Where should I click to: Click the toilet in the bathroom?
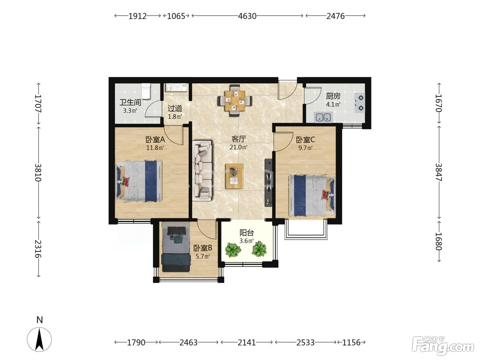[x=146, y=91]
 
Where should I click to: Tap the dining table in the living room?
[x=235, y=101]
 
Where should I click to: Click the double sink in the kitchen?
[x=323, y=117]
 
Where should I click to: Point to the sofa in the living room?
[x=202, y=171]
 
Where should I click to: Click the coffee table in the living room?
[x=235, y=176]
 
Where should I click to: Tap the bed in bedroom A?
[x=139, y=181]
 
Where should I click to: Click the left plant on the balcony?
[x=232, y=249]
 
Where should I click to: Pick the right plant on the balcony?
[x=259, y=249]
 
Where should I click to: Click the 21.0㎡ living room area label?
[x=238, y=147]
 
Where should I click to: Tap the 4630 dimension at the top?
[x=247, y=16]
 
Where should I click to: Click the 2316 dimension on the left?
[x=38, y=249]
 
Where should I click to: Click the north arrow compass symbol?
[x=39, y=339]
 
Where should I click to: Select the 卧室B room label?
[x=203, y=248]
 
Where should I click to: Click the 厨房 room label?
[x=333, y=96]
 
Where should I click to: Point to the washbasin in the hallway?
[x=176, y=87]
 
